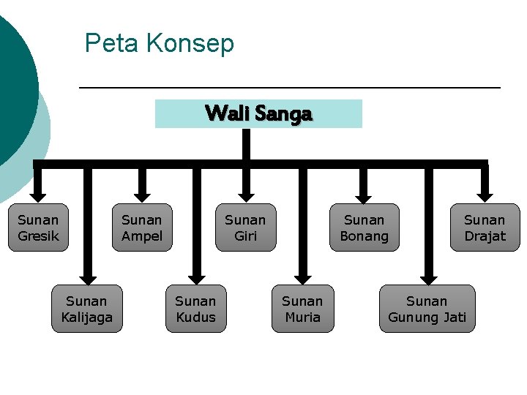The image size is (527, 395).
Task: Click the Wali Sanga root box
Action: click(x=258, y=113)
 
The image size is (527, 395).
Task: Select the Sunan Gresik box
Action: click(x=38, y=227)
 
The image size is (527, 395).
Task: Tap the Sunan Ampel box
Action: click(x=142, y=227)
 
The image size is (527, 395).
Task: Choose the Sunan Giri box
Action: click(x=245, y=227)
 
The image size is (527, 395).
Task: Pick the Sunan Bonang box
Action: click(x=364, y=227)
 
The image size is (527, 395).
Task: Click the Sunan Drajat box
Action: click(x=485, y=227)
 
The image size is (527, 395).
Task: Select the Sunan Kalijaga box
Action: click(x=87, y=309)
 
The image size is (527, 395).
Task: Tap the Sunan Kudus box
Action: click(x=195, y=309)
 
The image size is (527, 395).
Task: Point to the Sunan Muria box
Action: click(x=302, y=309)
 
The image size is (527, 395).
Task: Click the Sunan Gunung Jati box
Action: click(x=427, y=309)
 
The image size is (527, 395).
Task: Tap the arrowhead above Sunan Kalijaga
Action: click(x=88, y=277)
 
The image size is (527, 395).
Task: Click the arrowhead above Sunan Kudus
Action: click(x=195, y=277)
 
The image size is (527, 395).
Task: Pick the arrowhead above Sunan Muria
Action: click(x=303, y=277)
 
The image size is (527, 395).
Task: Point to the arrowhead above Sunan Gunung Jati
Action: click(x=428, y=277)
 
